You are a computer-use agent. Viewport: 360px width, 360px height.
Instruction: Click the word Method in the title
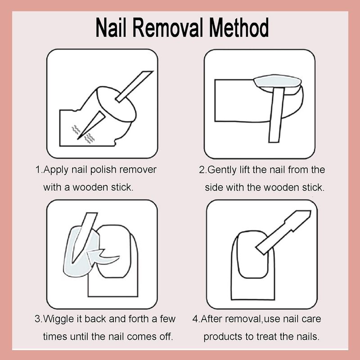coord(239,27)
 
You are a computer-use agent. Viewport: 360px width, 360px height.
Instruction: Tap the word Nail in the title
coord(111,27)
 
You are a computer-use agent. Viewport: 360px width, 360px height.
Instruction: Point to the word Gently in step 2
coord(221,170)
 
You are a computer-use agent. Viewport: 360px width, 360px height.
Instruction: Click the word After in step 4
coord(211,319)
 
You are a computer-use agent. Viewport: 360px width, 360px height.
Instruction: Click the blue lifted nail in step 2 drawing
coord(277,81)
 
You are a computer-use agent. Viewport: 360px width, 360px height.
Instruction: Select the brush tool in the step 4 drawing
coord(284,232)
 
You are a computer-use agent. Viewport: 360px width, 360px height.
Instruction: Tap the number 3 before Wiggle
coord(38,319)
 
